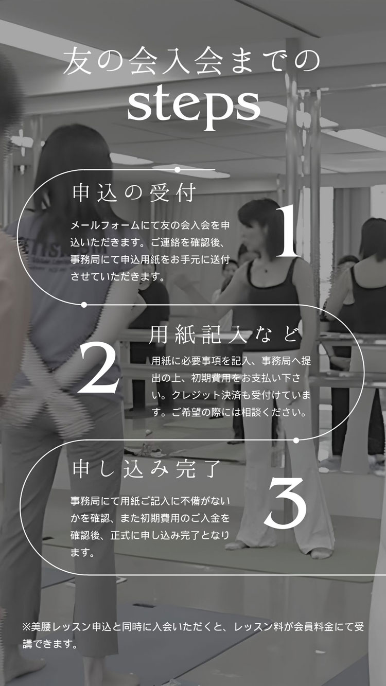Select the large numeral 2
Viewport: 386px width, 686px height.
point(98,367)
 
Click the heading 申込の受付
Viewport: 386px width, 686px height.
point(134,193)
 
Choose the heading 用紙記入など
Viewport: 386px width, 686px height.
point(223,335)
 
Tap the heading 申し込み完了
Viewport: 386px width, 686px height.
point(147,469)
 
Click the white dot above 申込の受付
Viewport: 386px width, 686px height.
point(178,169)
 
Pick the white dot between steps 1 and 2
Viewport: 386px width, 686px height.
point(84,305)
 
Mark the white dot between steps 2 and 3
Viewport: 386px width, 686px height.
point(296,441)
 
